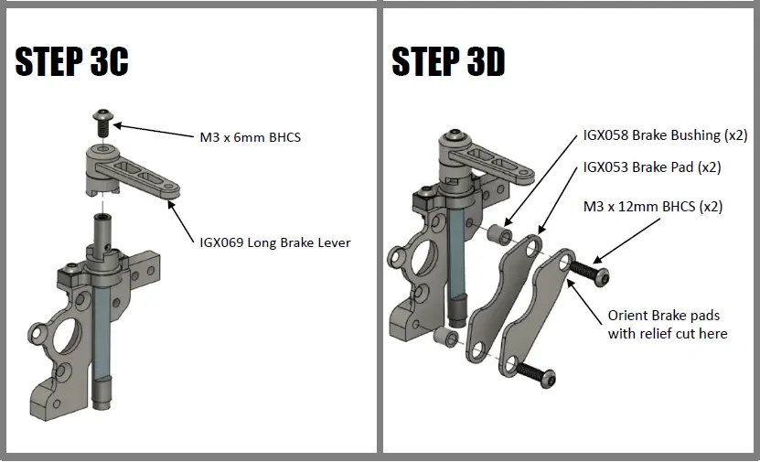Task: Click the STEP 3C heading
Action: pyautogui.click(x=72, y=61)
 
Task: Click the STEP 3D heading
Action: pyautogui.click(x=448, y=61)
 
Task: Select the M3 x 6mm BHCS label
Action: pyautogui.click(x=250, y=137)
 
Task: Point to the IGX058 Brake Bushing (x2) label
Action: pyautogui.click(x=665, y=134)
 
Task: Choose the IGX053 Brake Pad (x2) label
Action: pyautogui.click(x=652, y=168)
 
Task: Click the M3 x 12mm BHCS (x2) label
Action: pyautogui.click(x=652, y=207)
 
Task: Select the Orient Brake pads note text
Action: pyautogui.click(x=668, y=324)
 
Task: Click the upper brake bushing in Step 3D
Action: pyautogui.click(x=498, y=235)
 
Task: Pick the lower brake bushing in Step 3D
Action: pyautogui.click(x=445, y=338)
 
